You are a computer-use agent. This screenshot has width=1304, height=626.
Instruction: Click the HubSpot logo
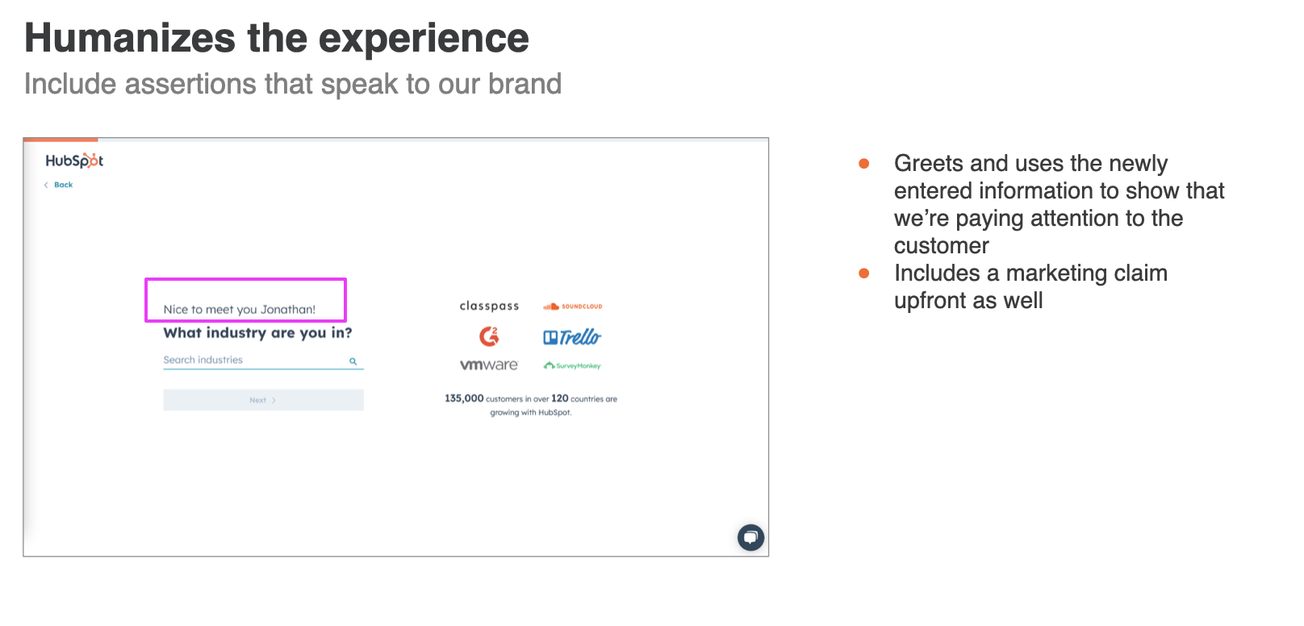pos(74,161)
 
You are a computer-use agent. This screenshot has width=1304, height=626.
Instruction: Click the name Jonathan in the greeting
pos(287,310)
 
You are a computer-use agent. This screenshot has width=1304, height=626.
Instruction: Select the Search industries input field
pos(263,360)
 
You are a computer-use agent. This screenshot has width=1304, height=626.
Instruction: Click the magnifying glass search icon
pos(353,361)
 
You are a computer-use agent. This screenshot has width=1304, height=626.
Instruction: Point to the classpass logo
pos(489,306)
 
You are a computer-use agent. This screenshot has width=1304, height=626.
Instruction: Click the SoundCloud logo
pos(573,307)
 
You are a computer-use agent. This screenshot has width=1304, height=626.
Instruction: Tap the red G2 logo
pos(489,336)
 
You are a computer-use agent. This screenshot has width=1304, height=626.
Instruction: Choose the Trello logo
pos(572,337)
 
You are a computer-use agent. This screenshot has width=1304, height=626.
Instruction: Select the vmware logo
pos(489,365)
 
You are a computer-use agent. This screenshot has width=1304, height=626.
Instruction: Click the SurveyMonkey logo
pos(572,366)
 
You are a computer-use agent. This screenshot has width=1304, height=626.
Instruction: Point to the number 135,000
pos(464,399)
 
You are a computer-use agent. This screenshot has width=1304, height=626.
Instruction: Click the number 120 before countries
pos(559,399)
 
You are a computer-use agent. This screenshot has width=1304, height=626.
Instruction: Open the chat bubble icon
pos(751,537)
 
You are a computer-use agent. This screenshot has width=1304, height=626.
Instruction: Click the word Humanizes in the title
pos(129,39)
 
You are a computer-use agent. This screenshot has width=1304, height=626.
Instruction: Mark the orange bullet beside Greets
pos(864,164)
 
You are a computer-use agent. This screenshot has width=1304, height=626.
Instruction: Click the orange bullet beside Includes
pos(864,273)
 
